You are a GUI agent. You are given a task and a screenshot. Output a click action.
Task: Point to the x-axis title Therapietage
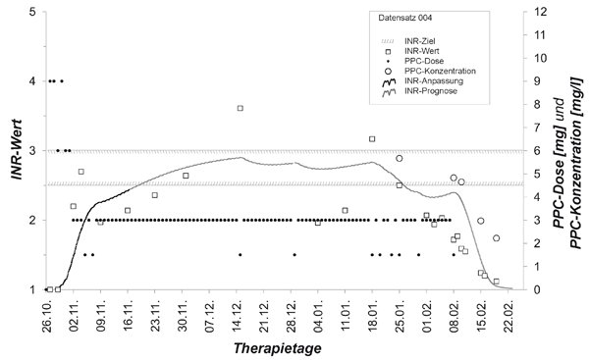277,348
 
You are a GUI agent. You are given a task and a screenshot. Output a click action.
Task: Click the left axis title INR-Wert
16,149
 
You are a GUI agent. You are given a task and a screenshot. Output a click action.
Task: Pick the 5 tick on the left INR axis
35,12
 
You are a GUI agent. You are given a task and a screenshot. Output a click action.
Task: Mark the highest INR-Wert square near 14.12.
241,108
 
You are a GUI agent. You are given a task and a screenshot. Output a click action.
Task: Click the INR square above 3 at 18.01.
372,139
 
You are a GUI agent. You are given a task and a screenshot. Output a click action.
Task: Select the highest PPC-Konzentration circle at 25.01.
399,158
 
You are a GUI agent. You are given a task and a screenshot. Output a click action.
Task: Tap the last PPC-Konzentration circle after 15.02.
496,238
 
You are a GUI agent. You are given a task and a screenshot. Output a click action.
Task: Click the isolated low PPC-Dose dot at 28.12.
294,254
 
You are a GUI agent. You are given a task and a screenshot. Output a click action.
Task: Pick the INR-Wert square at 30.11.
186,176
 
